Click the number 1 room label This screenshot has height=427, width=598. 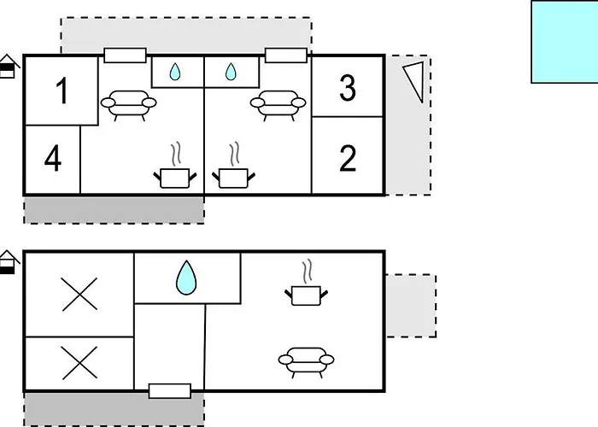(x=62, y=91)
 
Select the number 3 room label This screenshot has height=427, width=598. (x=347, y=87)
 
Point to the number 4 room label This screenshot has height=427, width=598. (x=53, y=159)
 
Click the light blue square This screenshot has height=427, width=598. (x=565, y=41)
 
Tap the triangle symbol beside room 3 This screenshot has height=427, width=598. (x=413, y=80)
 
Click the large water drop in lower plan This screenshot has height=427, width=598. (x=186, y=278)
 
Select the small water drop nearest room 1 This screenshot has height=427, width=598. (x=175, y=73)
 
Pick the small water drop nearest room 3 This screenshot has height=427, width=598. (x=230, y=73)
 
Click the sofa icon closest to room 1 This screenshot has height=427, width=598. (x=128, y=104)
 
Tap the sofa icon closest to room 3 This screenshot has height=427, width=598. (x=278, y=104)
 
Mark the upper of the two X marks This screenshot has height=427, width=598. (x=79, y=295)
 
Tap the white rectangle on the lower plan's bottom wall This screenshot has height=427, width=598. (x=169, y=391)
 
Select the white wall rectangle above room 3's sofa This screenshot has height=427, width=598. (x=285, y=56)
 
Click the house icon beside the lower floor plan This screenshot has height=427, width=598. (x=9, y=262)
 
